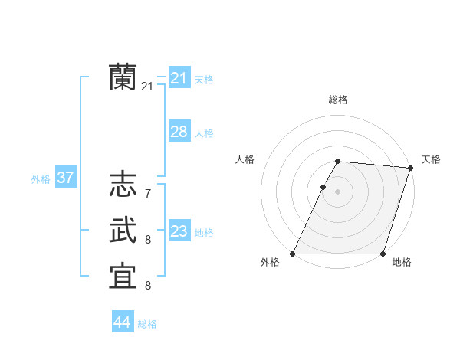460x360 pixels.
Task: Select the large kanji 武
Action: click(x=123, y=231)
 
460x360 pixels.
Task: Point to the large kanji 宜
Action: click(x=123, y=277)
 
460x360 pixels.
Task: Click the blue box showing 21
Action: click(x=179, y=77)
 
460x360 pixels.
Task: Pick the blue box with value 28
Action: click(x=179, y=132)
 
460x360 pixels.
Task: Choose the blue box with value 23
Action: click(x=179, y=231)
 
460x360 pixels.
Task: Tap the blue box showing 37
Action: click(x=65, y=178)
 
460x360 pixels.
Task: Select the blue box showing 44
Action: click(x=122, y=322)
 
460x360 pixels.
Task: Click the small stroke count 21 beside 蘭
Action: click(x=147, y=87)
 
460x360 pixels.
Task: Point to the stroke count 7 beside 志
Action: click(x=147, y=194)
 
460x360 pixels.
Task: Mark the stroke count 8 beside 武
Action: click(x=147, y=241)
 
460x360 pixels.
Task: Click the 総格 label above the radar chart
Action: click(x=338, y=100)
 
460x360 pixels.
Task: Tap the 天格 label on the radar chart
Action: click(x=431, y=159)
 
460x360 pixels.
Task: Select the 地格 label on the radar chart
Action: click(x=402, y=262)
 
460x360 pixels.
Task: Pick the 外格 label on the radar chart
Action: click(x=270, y=262)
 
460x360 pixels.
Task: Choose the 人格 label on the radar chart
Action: click(x=245, y=159)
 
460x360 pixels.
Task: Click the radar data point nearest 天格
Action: click(x=411, y=168)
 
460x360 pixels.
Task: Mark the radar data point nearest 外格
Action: click(x=293, y=254)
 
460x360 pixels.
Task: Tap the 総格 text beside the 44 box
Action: click(x=147, y=324)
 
